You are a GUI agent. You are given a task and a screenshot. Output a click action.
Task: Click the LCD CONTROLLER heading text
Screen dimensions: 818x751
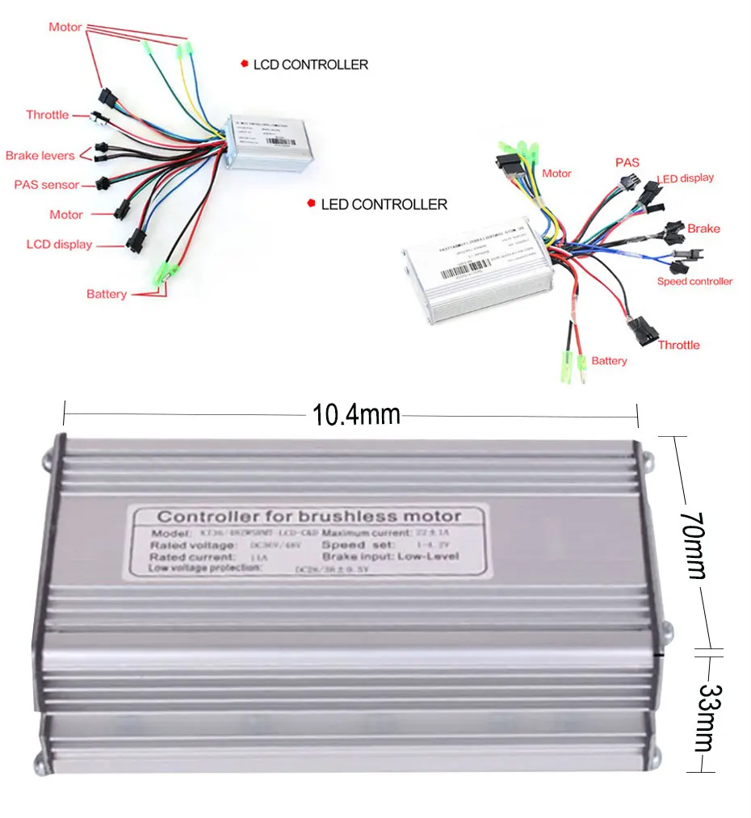pyautogui.click(x=310, y=65)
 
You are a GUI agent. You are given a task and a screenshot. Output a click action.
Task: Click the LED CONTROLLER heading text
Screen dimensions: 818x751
pyautogui.click(x=384, y=205)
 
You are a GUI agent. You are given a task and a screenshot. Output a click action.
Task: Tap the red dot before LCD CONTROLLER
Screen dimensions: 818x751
pyautogui.click(x=244, y=64)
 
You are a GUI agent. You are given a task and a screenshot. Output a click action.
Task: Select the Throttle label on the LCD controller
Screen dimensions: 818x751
pyautogui.click(x=47, y=115)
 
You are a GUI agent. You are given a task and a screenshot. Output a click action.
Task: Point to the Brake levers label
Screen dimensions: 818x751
pyautogui.click(x=40, y=155)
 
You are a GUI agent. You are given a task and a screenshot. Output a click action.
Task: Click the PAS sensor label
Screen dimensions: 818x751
pyautogui.click(x=47, y=185)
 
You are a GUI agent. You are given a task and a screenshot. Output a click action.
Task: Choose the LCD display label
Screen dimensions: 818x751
pyautogui.click(x=59, y=245)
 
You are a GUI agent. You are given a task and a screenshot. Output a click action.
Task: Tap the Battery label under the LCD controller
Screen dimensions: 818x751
pyautogui.click(x=107, y=294)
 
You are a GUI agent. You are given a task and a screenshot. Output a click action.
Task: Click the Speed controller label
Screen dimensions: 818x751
pyautogui.click(x=694, y=281)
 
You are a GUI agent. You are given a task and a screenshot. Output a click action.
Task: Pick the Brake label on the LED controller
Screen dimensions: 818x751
pyautogui.click(x=703, y=229)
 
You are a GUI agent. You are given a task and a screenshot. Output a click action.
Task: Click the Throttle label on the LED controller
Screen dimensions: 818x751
pyautogui.click(x=678, y=345)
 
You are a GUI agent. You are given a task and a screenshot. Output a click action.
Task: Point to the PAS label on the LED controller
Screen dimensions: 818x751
pyautogui.click(x=627, y=162)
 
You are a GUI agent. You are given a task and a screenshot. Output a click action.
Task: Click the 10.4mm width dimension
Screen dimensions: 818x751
pyautogui.click(x=356, y=415)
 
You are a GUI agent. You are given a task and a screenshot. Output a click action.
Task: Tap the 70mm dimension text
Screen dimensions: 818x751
pyautogui.click(x=692, y=543)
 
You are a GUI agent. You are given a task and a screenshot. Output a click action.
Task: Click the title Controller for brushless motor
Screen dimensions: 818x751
pyautogui.click(x=309, y=516)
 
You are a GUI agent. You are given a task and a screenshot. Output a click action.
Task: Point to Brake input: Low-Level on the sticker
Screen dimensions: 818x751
pyautogui.click(x=390, y=556)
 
